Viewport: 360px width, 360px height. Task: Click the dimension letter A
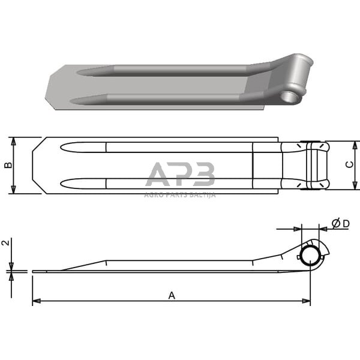pos(172,295)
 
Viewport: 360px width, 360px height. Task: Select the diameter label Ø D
pos(340,224)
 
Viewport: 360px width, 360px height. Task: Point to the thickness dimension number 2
pos(5,243)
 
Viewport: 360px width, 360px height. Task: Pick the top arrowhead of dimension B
pos(13,140)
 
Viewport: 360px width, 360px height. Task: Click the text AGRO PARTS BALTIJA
pos(180,194)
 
